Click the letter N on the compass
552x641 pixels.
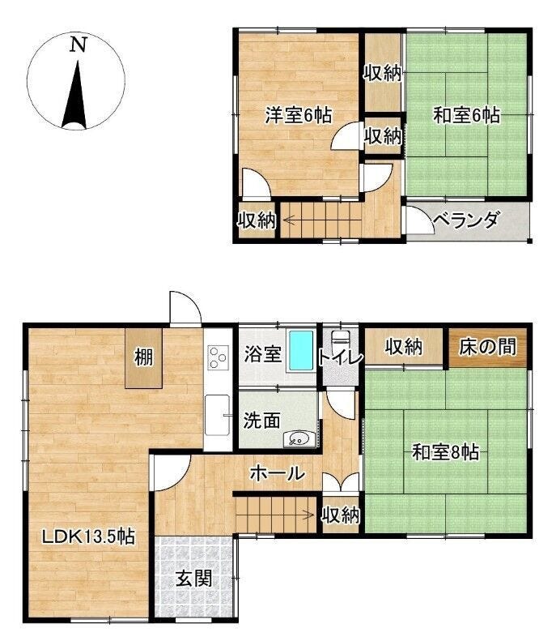(79, 45)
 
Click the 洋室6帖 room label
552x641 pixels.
(299, 115)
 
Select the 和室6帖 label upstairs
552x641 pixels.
(466, 115)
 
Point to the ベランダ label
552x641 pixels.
(466, 220)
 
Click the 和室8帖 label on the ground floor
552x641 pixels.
(446, 452)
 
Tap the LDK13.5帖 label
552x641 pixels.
(88, 536)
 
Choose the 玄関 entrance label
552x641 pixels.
(193, 578)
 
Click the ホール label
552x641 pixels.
(278, 473)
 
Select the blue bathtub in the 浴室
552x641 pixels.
(301, 351)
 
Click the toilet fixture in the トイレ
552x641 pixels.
(341, 343)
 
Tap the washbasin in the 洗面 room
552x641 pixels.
(299, 438)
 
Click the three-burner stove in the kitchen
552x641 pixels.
(217, 357)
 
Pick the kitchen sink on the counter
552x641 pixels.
(217, 416)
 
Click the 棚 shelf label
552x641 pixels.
(144, 357)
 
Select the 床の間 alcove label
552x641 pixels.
(487, 347)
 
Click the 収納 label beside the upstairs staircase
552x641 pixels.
(257, 220)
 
